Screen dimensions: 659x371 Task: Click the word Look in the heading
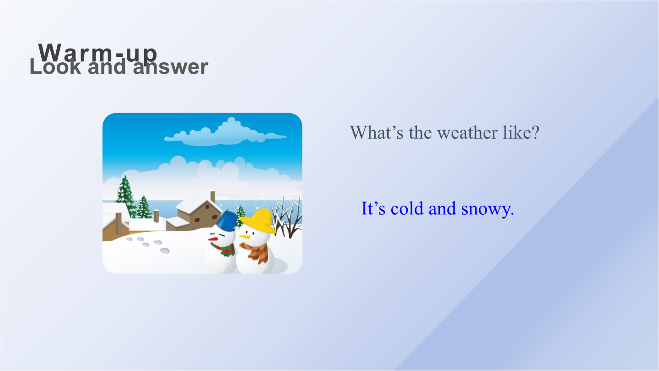55,66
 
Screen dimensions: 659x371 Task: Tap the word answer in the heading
171,67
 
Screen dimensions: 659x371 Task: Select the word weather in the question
467,132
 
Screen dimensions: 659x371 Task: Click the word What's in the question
377,132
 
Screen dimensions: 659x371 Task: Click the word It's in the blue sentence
373,208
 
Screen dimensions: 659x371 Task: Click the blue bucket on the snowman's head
227,221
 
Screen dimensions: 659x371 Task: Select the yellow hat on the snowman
258,221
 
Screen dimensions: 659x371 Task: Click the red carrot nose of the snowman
213,239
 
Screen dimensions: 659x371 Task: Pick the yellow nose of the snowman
244,236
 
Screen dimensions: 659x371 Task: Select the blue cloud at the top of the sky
225,133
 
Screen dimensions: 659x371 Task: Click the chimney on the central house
213,196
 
